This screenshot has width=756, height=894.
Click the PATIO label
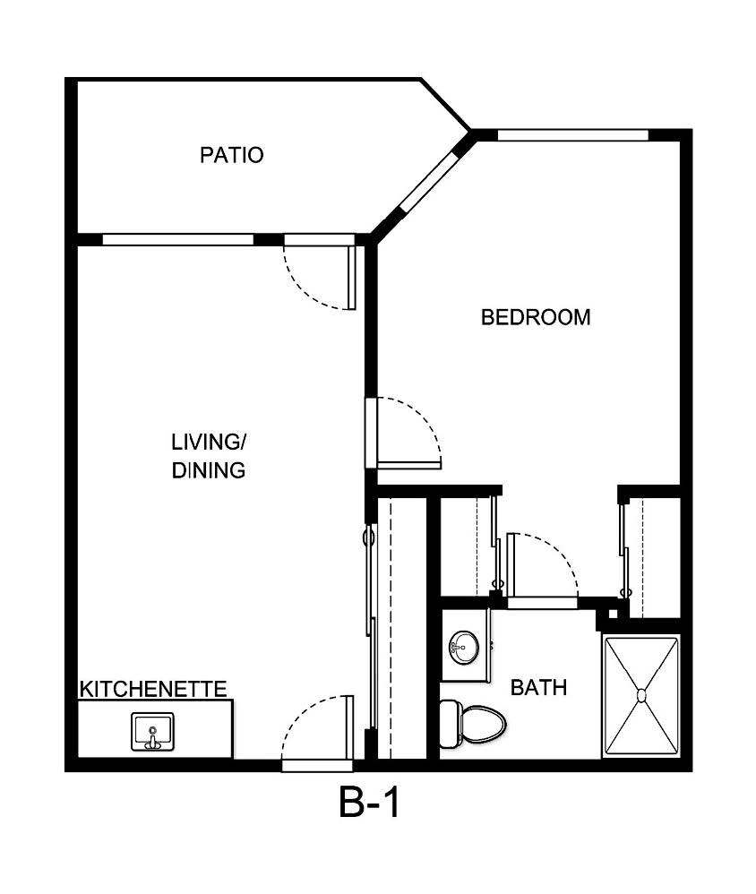231,155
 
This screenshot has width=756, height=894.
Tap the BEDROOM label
536,317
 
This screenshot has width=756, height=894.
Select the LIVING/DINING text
209,455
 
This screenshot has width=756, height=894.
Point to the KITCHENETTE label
153,689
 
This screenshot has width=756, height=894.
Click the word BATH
538,688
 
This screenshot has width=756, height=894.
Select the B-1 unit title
369,803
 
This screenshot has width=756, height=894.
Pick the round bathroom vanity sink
463,647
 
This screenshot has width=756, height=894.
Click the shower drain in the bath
641,695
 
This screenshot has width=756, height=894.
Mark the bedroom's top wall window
572,135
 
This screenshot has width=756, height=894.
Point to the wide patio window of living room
178,239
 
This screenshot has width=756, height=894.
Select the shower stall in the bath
641,695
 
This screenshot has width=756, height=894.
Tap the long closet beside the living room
400,627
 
